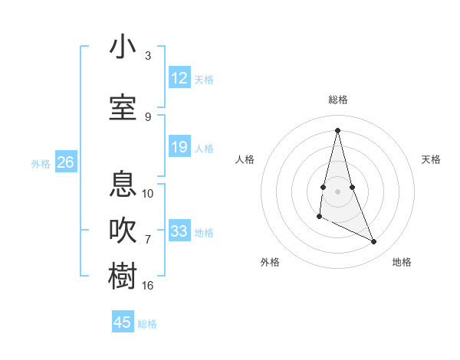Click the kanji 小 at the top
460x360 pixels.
point(123,47)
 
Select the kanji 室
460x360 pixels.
point(123,107)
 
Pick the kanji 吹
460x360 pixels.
point(123,231)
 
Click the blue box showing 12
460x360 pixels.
point(179,78)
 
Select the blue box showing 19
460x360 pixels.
point(179,147)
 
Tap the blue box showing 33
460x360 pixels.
point(179,231)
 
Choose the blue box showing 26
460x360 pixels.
point(65,162)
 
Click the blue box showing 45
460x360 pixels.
point(123,322)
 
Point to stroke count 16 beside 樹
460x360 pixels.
point(148,286)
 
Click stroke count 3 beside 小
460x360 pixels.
point(148,56)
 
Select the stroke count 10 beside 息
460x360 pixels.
point(148,193)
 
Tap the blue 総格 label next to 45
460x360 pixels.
point(147,324)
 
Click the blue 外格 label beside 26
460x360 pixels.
point(41,163)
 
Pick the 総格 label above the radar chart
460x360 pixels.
point(337,100)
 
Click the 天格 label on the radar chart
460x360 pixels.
point(431,159)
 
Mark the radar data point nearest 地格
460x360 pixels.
point(374,242)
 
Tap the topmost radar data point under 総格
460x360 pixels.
point(337,129)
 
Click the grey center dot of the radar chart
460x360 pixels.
point(337,191)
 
